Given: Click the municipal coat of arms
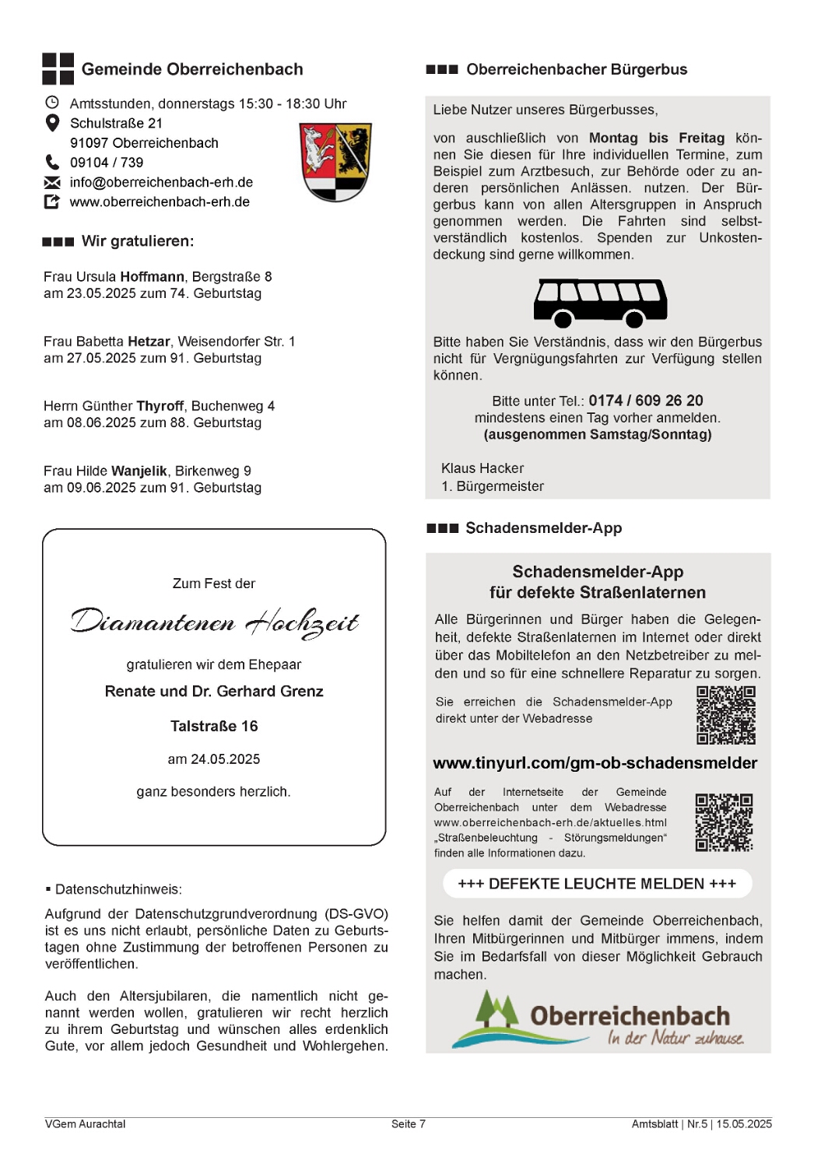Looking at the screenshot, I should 335,162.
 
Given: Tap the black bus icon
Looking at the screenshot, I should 599,303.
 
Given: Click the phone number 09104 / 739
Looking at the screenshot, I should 107,163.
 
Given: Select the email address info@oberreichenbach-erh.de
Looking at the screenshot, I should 161,182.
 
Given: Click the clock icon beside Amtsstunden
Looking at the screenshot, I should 52,103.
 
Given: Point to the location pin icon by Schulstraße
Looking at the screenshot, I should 52,123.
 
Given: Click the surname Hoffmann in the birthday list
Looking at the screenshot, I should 153,277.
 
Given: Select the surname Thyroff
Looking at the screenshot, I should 160,406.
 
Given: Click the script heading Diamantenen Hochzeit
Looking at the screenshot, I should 214,622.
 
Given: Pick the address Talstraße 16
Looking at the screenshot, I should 214,726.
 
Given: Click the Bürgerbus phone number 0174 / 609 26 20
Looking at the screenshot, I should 645,401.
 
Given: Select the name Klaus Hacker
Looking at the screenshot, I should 482,468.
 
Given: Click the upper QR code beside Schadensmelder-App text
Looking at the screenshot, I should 725,715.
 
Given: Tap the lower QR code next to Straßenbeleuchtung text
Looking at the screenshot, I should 724,822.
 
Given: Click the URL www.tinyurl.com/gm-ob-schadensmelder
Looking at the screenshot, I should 595,763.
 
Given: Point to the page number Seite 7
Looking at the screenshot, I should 408,1123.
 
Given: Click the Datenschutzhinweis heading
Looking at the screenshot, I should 118,889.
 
